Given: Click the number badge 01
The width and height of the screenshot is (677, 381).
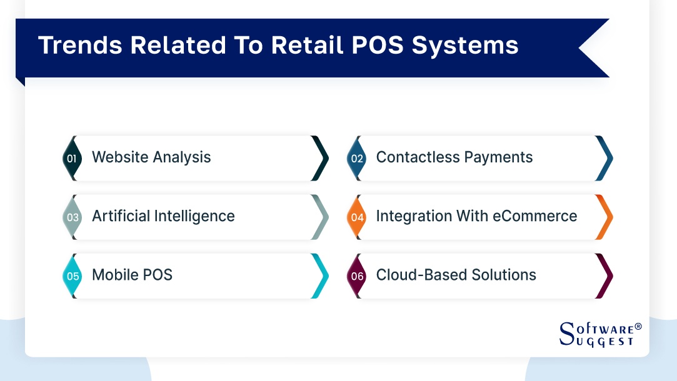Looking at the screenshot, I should [72, 159].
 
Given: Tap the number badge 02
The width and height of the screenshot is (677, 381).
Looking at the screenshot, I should [356, 159].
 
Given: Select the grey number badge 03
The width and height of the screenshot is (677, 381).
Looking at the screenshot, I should [73, 217].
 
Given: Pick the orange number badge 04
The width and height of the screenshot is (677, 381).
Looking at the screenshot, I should [357, 217].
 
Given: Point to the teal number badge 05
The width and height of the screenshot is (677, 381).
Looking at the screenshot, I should [73, 275].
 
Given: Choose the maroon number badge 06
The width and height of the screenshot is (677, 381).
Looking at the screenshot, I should [357, 275].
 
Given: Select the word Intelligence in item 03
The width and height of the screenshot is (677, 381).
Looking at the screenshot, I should [194, 216].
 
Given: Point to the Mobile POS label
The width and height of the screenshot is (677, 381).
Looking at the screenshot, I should [132, 275].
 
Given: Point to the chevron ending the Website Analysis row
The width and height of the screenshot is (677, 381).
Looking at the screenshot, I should [319, 159].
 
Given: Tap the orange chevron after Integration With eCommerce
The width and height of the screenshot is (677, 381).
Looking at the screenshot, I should [604, 217].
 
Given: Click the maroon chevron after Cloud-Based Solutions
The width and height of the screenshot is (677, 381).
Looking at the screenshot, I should [604, 275].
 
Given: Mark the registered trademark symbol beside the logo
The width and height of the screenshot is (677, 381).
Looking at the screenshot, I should [638, 327].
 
